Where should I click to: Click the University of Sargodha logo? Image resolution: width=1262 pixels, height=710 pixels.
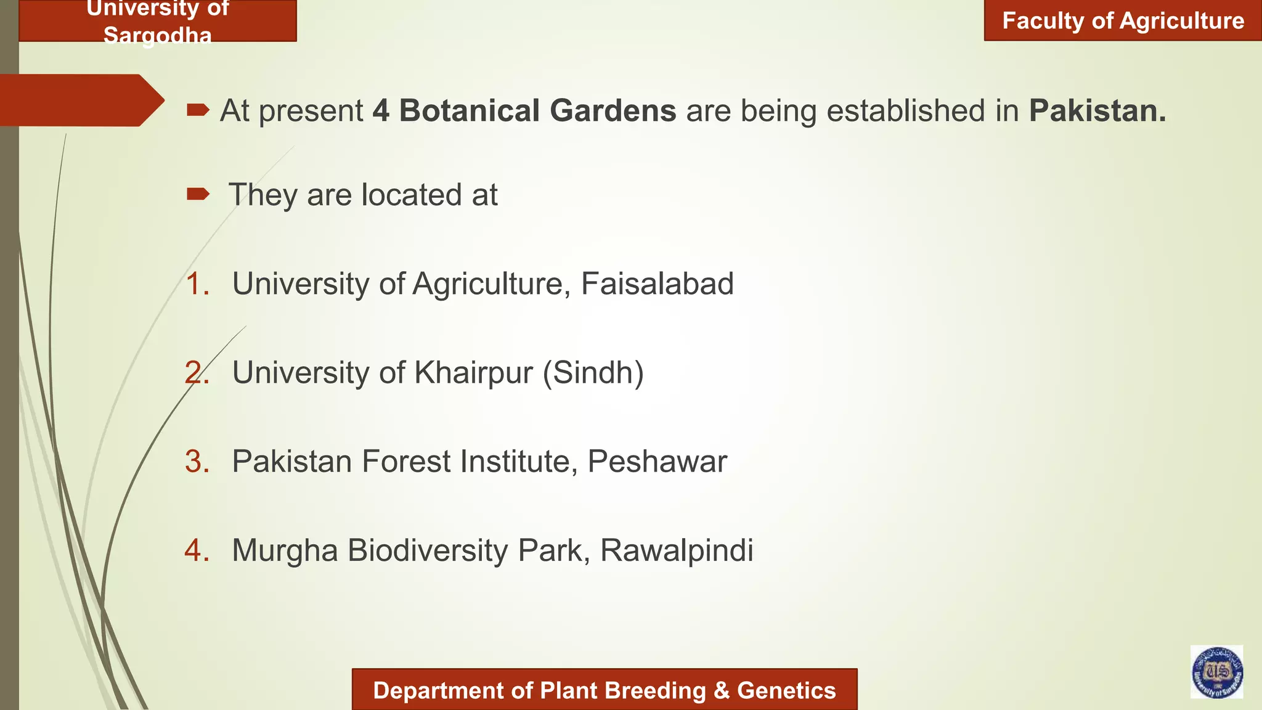1216,672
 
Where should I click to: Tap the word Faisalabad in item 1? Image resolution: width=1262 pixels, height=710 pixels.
657,284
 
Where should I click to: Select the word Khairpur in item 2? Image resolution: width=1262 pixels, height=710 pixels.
473,373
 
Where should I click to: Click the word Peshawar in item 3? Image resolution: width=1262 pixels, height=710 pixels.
657,462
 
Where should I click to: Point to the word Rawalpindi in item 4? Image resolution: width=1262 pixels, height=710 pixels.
676,550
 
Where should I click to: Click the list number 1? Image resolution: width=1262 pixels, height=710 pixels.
197,284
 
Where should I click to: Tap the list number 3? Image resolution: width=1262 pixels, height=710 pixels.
197,462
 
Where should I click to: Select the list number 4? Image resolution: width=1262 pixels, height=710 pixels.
197,550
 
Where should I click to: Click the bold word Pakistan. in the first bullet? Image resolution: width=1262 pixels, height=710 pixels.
1097,111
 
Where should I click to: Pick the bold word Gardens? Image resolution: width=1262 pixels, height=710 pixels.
613,111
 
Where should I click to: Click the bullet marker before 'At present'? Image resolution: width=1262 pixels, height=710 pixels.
198,110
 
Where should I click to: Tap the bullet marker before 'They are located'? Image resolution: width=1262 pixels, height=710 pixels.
198,195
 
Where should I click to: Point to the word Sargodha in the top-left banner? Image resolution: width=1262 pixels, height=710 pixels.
157,36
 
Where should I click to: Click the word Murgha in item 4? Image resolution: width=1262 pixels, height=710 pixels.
285,550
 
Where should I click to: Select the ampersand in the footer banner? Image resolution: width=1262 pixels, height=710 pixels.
721,691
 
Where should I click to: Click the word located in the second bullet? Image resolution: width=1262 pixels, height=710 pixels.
412,195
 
